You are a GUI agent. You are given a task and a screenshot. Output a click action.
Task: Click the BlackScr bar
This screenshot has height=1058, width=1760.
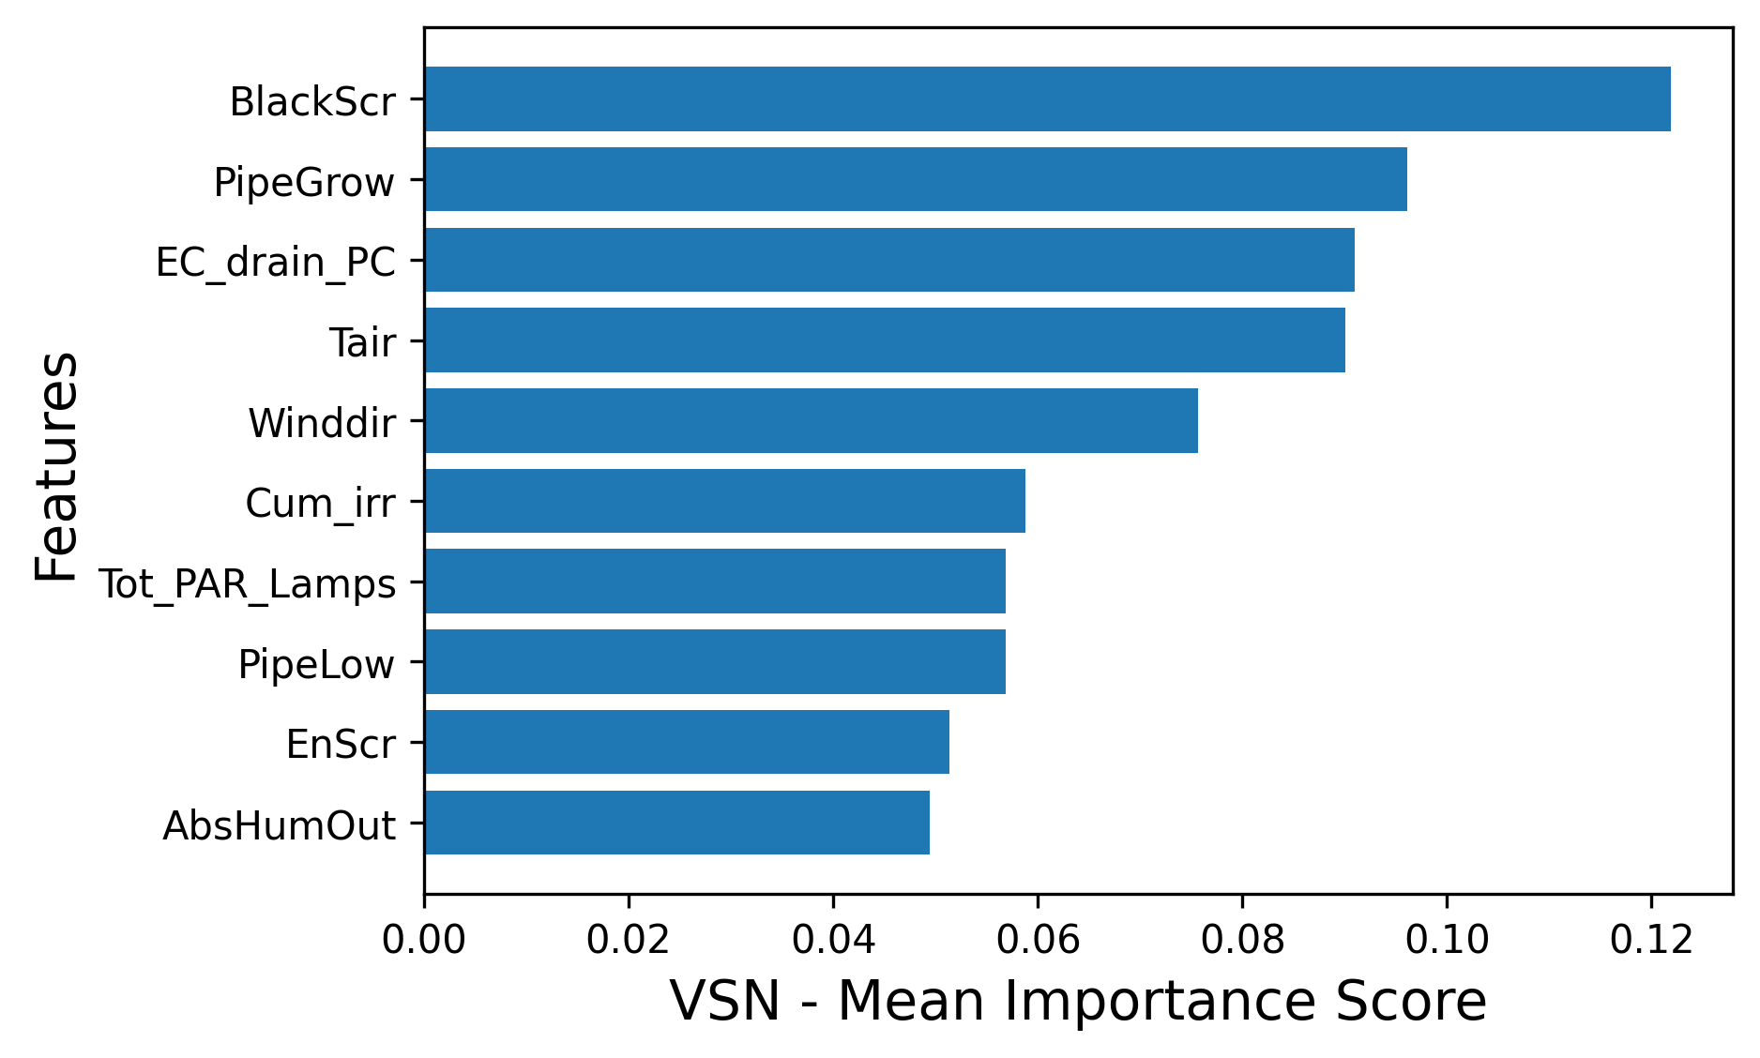coord(1046,98)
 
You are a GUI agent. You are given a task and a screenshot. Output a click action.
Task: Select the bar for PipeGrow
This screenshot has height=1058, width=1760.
coord(915,179)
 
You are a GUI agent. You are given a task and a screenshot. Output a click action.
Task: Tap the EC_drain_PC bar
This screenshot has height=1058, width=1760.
coord(888,260)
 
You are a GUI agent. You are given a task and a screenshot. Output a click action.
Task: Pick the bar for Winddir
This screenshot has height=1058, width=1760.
coord(811,420)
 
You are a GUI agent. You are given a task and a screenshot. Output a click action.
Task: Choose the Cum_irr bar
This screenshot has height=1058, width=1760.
coord(724,501)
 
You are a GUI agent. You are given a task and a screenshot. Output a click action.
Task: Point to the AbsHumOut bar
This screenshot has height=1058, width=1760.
coord(676,823)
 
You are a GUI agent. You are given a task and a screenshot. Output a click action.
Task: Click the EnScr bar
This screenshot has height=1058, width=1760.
coord(686,742)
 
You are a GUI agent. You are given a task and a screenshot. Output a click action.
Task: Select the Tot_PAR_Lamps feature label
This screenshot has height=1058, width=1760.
coord(248,584)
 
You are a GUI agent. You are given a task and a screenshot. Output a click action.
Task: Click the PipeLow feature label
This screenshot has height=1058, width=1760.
coord(316,665)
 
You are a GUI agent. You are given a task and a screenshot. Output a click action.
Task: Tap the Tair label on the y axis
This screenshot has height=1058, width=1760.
coord(362,343)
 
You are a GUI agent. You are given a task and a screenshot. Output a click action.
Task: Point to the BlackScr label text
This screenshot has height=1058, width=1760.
coord(312,102)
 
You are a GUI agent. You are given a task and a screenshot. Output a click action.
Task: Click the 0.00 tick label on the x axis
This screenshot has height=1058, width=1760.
coord(424,940)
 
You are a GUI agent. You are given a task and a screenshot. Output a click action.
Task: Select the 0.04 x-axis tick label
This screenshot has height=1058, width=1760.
coord(833,940)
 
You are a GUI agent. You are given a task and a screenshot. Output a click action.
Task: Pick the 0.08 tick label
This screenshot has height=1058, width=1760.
coord(1242,940)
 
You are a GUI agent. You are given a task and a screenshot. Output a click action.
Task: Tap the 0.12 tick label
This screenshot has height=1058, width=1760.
coord(1651,940)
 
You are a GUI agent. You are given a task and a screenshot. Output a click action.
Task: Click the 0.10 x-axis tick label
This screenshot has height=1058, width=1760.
coord(1447,940)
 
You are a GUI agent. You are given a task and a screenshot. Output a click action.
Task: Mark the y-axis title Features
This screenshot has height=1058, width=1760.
coord(56,466)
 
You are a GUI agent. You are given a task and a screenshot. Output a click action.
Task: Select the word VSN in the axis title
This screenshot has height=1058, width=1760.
coord(724,1002)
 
